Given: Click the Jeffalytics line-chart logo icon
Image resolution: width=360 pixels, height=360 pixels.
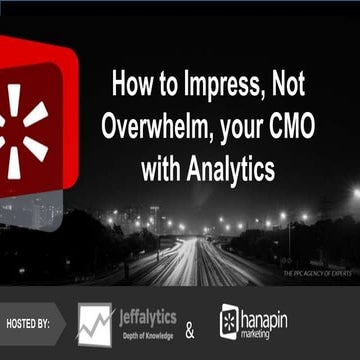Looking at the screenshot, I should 94,325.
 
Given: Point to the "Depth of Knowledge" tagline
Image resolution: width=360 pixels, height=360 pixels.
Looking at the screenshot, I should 146,337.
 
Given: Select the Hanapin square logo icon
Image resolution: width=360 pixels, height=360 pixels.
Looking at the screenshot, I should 230,322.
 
